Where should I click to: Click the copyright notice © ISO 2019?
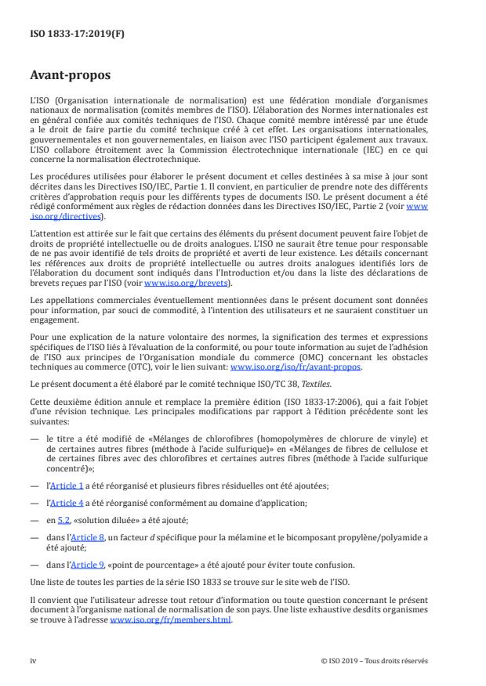tap(375, 660)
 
